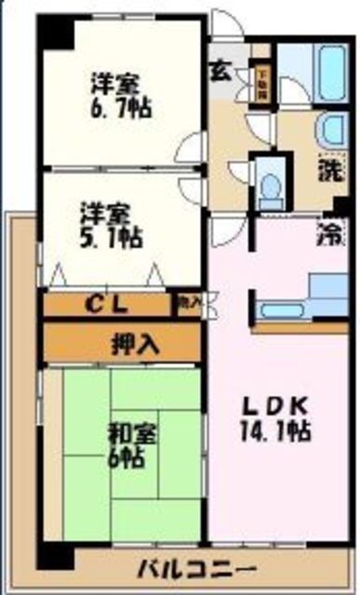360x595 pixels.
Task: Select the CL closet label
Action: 108,302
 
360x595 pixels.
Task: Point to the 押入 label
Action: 124,342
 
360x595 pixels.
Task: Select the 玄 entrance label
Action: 221,69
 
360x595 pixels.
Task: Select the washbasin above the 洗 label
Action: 331,130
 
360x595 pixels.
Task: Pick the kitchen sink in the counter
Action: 279,310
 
